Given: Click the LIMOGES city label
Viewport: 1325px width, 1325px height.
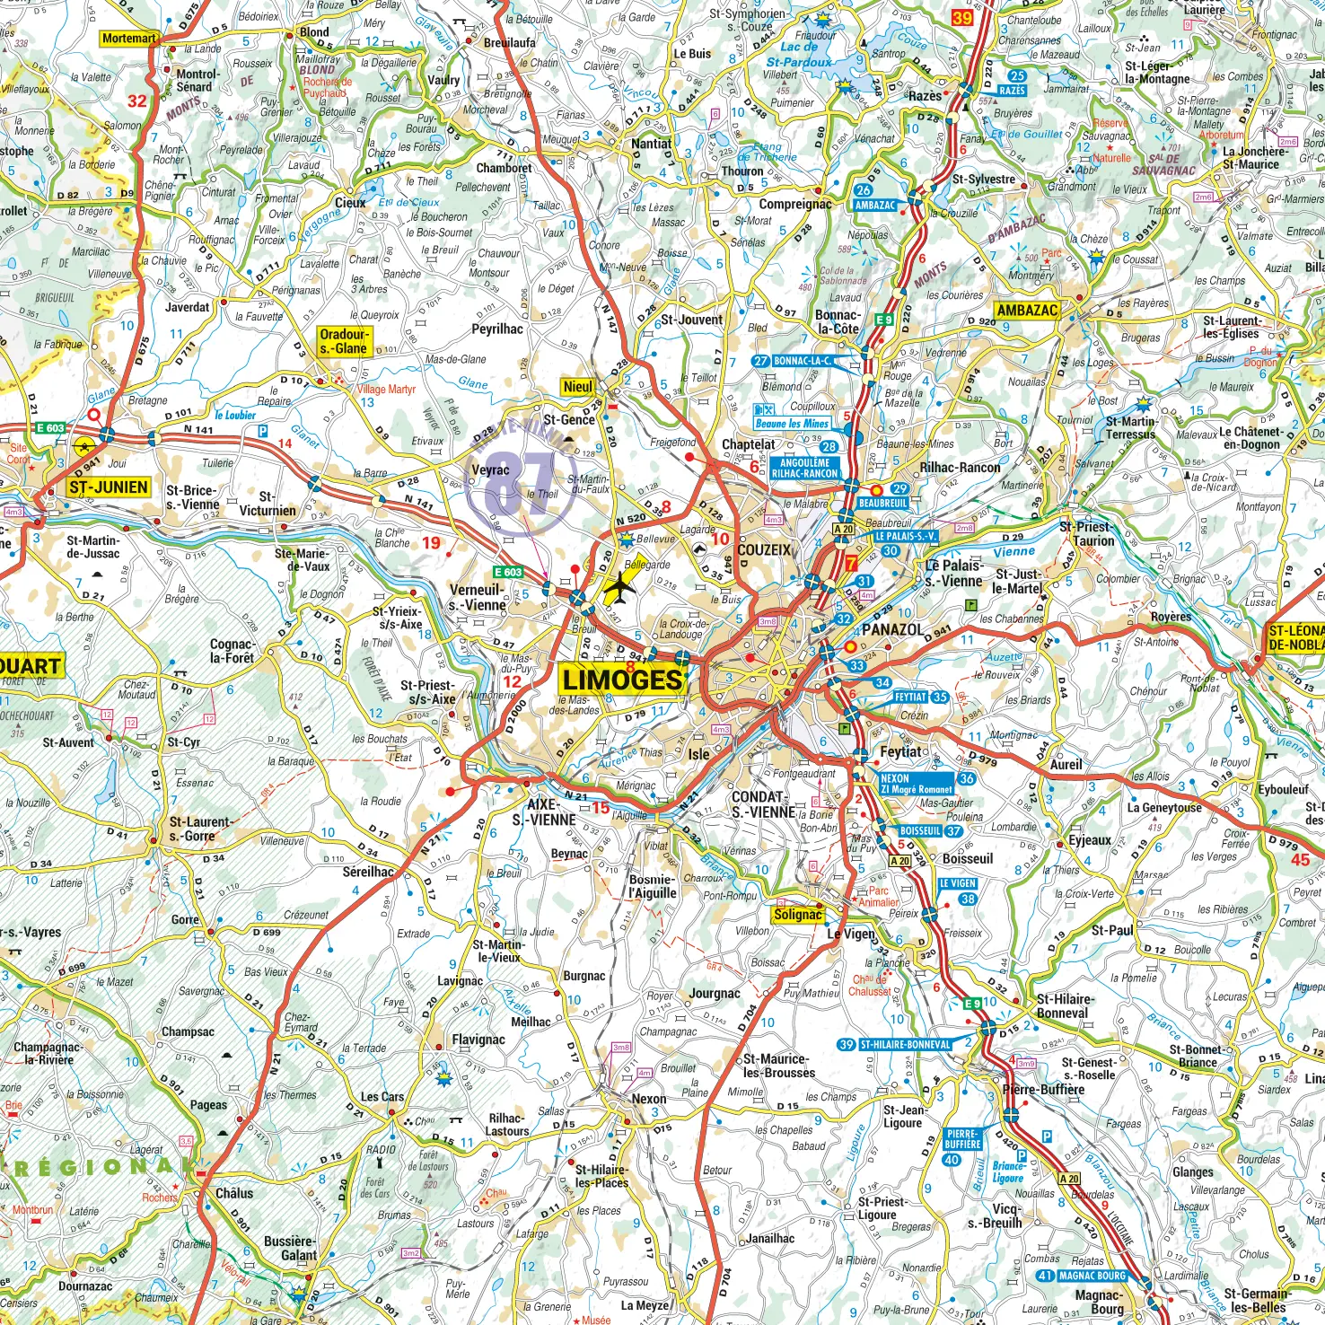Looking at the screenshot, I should coord(623,679).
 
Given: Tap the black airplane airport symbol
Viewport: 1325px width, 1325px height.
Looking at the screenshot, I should coord(618,589).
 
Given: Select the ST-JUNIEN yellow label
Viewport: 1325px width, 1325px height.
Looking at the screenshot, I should coord(109,487).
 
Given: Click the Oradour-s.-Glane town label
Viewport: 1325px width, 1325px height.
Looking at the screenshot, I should coord(344,341).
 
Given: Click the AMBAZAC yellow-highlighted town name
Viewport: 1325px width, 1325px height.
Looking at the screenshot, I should coord(1027,311).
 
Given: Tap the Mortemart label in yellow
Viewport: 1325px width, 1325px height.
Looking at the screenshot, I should coord(129,39).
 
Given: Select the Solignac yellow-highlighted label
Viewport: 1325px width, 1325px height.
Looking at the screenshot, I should coord(797,915).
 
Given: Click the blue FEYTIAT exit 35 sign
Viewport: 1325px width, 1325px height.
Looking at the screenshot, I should coord(920,697).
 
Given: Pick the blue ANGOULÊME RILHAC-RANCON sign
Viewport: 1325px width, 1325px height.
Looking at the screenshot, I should coord(804,469).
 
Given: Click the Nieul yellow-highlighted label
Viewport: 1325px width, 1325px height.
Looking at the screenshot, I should coord(577,387).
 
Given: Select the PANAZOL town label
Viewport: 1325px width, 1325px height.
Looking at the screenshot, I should coord(892,629).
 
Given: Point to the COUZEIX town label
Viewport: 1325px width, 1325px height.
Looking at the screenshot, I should coord(764,550).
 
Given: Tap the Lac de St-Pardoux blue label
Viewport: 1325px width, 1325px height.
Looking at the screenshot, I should coord(799,55).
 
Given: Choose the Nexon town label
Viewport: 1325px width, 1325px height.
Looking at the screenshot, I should coord(649,1099).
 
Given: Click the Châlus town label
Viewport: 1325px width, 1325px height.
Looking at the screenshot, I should coord(234,1193).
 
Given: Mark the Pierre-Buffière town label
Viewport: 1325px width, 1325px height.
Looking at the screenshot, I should coord(1043,1090).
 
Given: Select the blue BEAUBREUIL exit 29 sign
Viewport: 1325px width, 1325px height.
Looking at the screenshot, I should coord(884,504).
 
